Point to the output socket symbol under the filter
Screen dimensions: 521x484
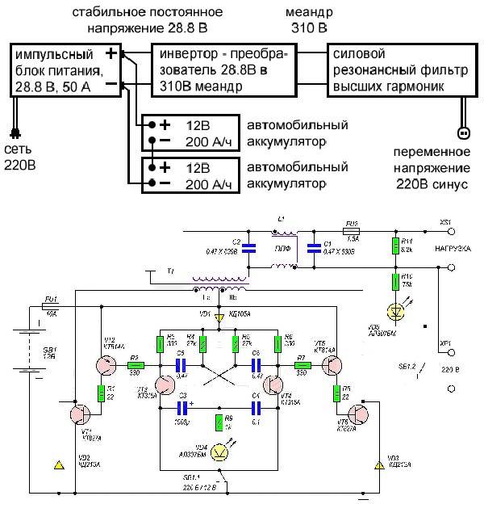[x=462, y=132]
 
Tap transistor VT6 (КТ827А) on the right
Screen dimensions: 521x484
[x=355, y=414]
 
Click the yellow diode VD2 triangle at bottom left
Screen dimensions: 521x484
[x=57, y=465]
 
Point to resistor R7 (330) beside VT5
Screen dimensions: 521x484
[x=302, y=363]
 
